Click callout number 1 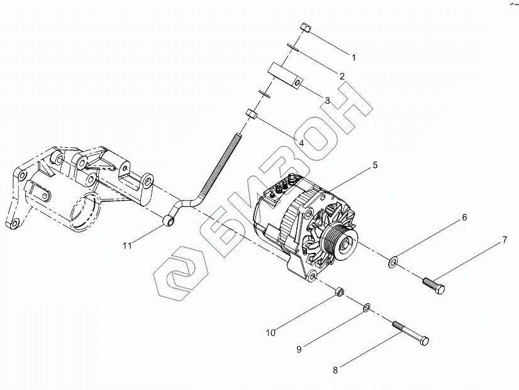pyautogui.click(x=354, y=57)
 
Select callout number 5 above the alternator pyautogui.click(x=374, y=165)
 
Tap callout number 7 pyautogui.click(x=504, y=240)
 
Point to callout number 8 pyautogui.click(x=335, y=370)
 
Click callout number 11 pyautogui.click(x=128, y=246)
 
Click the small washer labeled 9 pyautogui.click(x=367, y=308)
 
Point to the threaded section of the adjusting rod pyautogui.click(x=223, y=164)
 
